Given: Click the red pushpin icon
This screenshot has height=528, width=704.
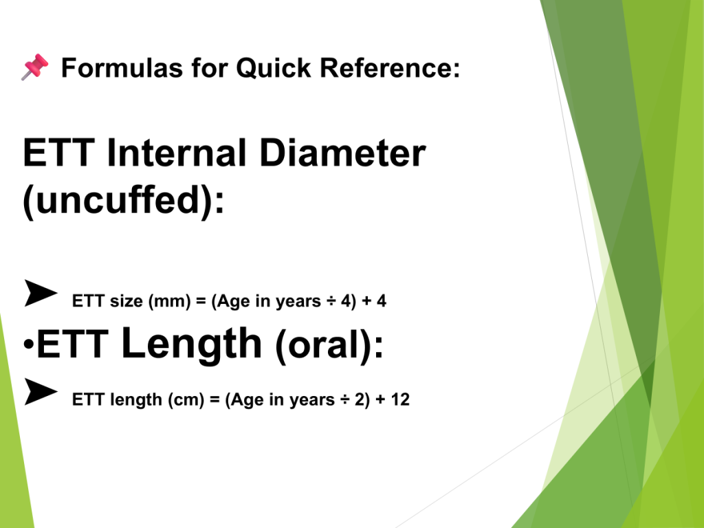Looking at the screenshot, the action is [34, 67].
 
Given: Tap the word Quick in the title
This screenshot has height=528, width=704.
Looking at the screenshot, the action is [274, 68].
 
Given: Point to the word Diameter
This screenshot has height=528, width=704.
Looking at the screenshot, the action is [342, 153].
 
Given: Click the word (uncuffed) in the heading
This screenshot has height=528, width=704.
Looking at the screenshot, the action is [118, 201].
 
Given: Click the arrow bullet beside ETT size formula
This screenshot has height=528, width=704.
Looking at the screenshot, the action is [41, 293].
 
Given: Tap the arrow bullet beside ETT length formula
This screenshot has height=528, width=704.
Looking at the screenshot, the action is [41, 392].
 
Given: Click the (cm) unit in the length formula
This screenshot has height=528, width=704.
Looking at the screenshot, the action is [186, 400].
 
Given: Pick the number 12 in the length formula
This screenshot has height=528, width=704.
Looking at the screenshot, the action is [400, 399].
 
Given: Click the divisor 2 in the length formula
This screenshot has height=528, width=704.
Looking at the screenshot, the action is [359, 399].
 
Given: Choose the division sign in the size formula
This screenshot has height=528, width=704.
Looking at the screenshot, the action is [331, 301].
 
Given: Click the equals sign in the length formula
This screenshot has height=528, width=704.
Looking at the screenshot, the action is [214, 400].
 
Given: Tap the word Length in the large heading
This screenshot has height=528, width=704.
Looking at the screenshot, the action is [192, 344].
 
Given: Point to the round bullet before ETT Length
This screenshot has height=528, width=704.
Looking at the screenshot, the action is [29, 345].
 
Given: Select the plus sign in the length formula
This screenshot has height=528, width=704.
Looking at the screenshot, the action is [380, 400].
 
